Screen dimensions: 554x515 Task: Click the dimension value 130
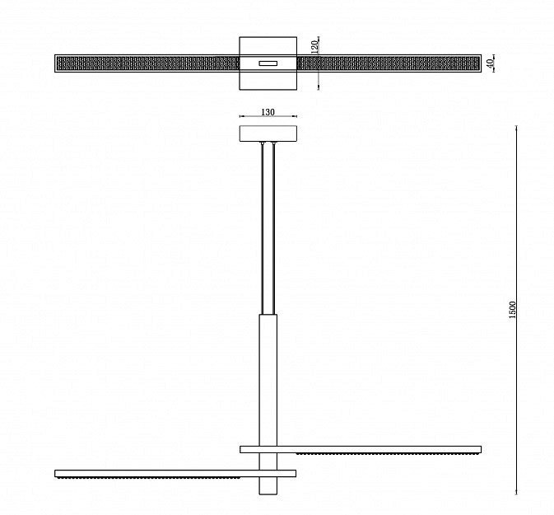(x=268, y=112)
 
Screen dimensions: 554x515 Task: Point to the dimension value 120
(x=314, y=47)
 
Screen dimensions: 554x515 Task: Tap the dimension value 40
(x=490, y=63)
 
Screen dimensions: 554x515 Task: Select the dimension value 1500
(x=513, y=310)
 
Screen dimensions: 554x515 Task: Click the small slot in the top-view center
(x=268, y=63)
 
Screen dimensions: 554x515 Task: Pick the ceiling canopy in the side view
(x=268, y=133)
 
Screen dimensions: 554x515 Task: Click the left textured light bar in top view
(x=148, y=63)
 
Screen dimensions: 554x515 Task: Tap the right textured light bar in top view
(x=388, y=63)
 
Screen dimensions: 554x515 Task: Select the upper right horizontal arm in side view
(x=361, y=450)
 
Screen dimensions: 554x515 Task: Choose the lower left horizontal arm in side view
(x=175, y=474)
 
